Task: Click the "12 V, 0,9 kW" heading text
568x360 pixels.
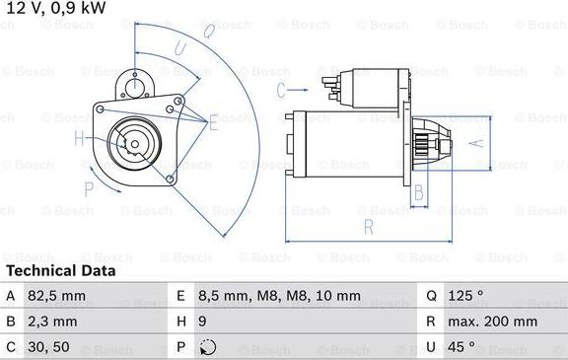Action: coord(56,8)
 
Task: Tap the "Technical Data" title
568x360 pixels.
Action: coord(61,270)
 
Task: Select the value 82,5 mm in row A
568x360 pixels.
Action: coord(56,296)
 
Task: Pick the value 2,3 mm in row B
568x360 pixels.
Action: coord(52,322)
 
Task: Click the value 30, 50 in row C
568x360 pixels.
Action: coord(48,347)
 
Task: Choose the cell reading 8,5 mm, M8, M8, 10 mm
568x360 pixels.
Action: coord(279,296)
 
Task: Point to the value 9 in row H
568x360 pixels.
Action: coord(202,322)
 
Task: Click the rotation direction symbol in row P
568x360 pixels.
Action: coord(208,348)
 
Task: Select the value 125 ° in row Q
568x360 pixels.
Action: coord(465,296)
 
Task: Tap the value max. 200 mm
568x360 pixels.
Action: coord(492,322)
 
